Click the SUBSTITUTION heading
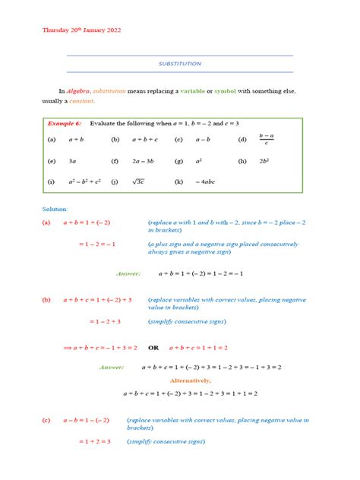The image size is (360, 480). coord(180,64)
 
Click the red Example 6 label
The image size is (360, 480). coord(64,122)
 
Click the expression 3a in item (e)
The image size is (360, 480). coord(72,161)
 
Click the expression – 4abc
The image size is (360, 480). coord(206,182)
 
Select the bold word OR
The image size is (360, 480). coord(153,347)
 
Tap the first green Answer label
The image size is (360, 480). coord(129,273)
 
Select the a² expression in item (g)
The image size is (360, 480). coord(199,161)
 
